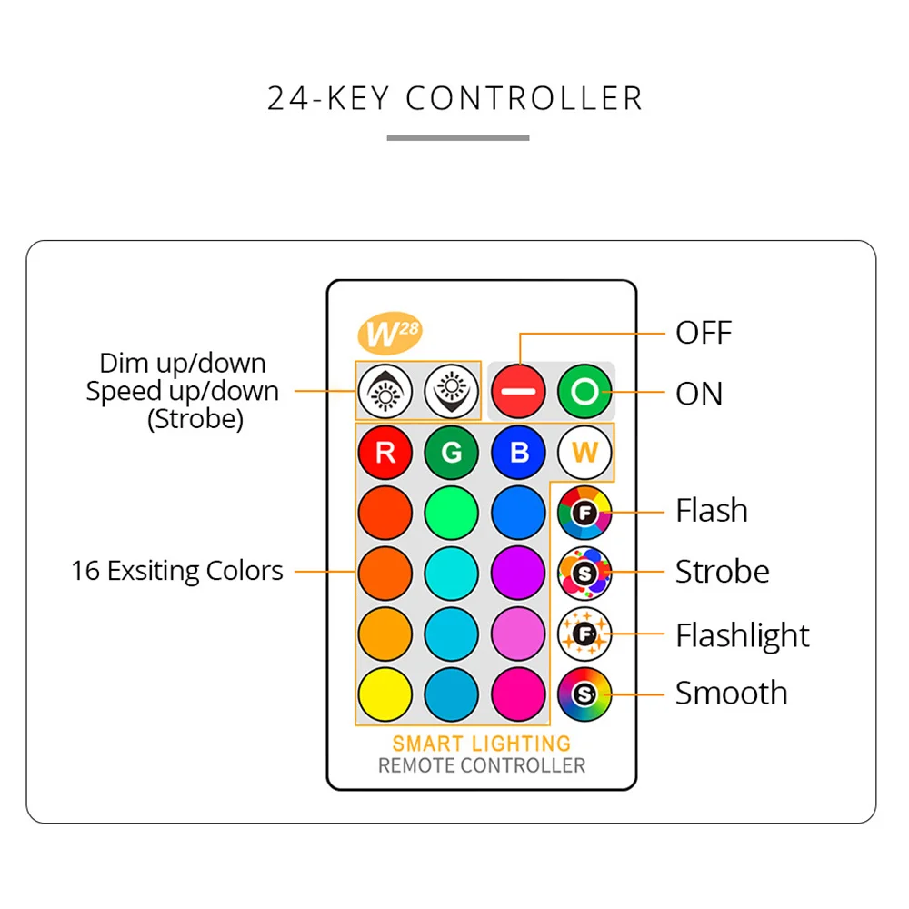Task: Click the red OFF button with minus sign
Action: point(518,393)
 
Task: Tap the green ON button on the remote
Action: point(584,393)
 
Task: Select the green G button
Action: point(451,453)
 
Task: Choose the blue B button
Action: point(518,453)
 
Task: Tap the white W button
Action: point(584,453)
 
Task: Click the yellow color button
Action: point(385,694)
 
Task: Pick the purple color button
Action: point(518,573)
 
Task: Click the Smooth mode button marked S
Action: point(584,694)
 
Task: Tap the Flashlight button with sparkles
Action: point(584,634)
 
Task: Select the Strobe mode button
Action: point(584,573)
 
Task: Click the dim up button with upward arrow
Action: point(385,393)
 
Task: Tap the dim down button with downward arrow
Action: point(451,393)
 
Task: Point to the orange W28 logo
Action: point(391,334)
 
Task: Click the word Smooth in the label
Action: point(731,694)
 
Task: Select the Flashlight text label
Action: point(742,635)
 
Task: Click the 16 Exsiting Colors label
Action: point(177,572)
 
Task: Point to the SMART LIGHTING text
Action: point(482,744)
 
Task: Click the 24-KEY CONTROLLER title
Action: point(455,98)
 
